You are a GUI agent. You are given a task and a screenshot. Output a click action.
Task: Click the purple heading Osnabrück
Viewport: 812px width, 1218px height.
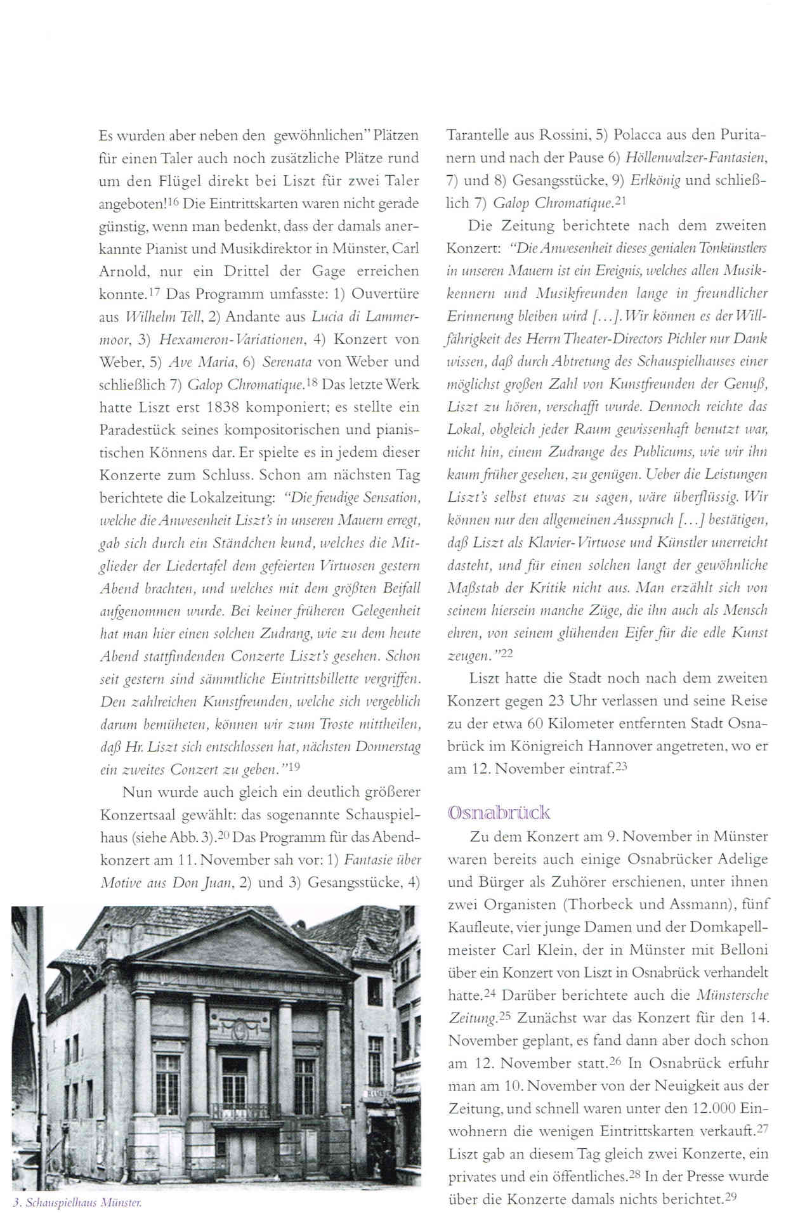tap(499, 813)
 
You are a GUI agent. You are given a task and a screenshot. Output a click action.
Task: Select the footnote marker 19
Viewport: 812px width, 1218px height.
tap(294, 766)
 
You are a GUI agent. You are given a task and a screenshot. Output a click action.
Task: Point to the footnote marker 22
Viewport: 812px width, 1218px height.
tap(506, 653)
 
